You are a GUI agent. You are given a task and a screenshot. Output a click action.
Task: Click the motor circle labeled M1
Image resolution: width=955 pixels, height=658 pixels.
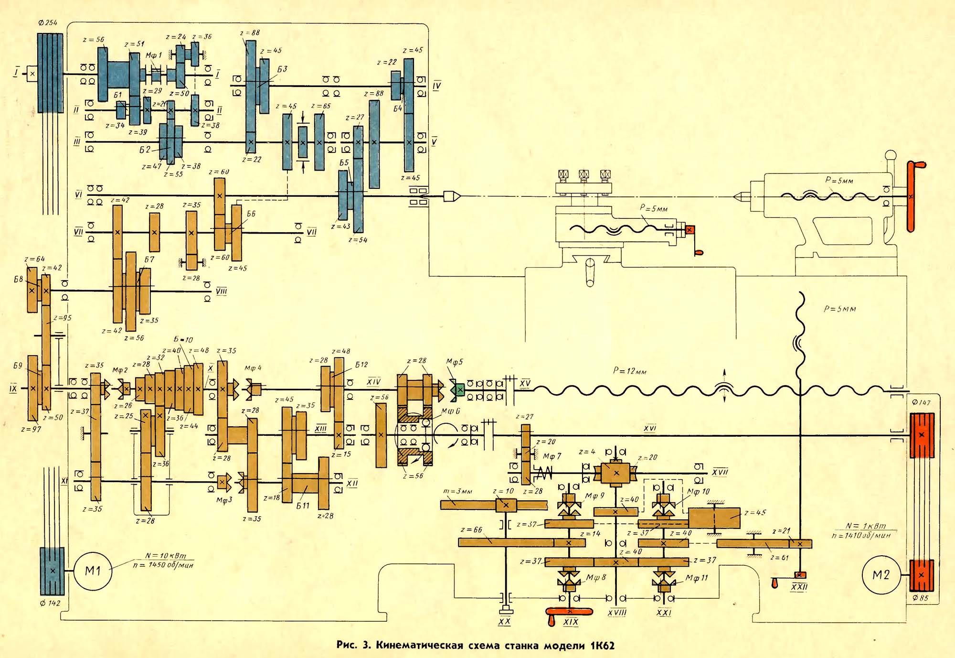pos(93,571)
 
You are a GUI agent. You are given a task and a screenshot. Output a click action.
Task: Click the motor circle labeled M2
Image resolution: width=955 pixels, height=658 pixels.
pos(881,575)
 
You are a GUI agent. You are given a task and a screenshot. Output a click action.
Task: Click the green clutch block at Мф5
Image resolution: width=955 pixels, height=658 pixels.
pos(459,390)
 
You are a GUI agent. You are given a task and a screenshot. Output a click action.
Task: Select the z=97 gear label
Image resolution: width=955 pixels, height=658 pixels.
pos(31,429)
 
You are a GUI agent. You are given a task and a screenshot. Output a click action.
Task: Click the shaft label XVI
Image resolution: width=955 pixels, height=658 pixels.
pos(649,429)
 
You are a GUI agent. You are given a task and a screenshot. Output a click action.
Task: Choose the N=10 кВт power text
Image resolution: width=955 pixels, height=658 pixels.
pos(166,556)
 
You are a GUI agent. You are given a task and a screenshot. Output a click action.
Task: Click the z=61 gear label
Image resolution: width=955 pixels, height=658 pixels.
pos(779,557)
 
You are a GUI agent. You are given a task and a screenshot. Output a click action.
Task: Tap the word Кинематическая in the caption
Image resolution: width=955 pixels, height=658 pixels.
pos(420,646)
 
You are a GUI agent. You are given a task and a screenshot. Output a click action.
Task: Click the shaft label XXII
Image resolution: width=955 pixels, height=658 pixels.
pos(799,586)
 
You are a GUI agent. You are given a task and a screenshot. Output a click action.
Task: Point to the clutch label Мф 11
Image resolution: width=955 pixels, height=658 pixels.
pos(697,579)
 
